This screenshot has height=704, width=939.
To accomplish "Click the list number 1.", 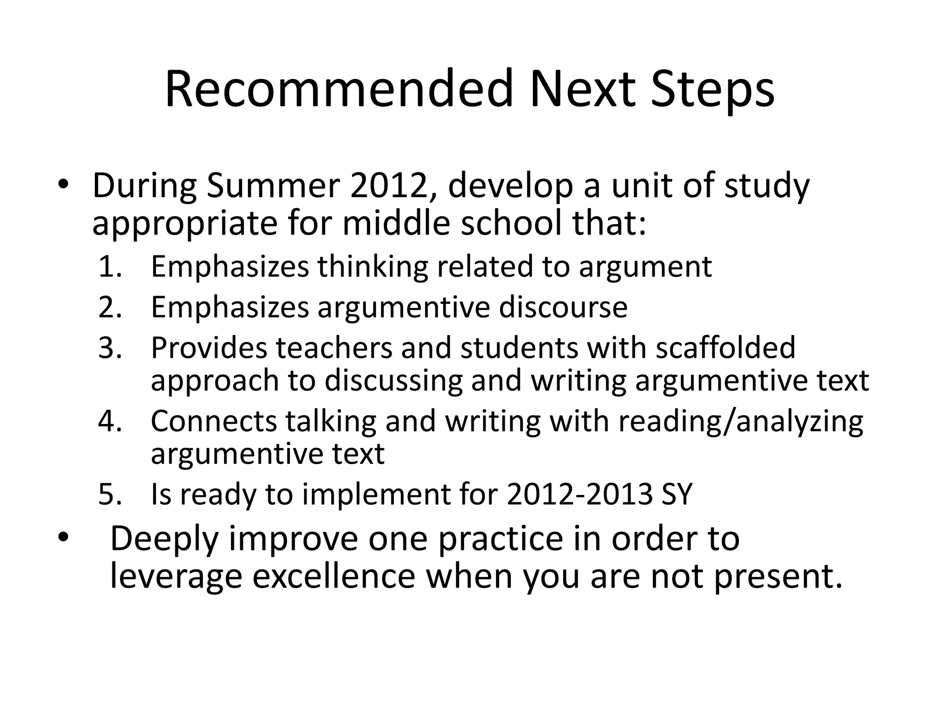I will pyautogui.click(x=110, y=267).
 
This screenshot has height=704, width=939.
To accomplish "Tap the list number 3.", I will pyautogui.click(x=110, y=347).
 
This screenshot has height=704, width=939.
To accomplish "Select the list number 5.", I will pyautogui.click(x=110, y=494).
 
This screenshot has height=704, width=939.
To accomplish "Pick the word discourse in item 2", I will pyautogui.click(x=563, y=307).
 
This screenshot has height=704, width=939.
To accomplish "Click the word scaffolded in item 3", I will pyautogui.click(x=725, y=347).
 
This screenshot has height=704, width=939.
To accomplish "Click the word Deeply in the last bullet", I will pyautogui.click(x=164, y=540).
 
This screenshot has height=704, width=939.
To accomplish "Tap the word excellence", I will pyautogui.click(x=334, y=577).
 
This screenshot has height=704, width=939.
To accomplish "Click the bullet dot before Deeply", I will pyautogui.click(x=63, y=536).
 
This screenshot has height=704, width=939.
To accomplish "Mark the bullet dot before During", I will pyautogui.click(x=63, y=184).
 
